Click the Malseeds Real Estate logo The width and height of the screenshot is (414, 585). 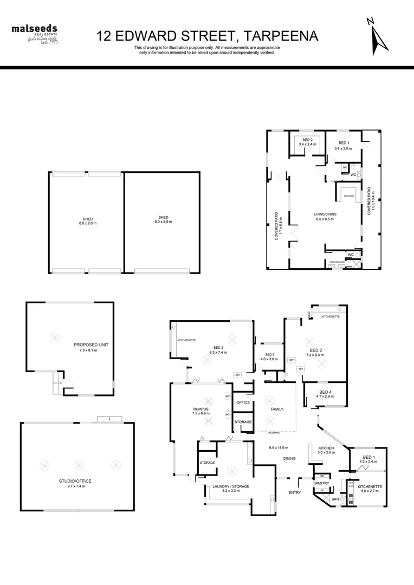pos(35,34)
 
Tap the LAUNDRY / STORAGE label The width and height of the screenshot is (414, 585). pos(231,486)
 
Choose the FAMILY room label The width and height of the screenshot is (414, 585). pos(277,409)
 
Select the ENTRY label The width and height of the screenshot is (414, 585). pos(295,492)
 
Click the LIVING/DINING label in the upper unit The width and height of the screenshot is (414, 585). pos(325,214)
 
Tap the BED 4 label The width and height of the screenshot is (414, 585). pos(325,392)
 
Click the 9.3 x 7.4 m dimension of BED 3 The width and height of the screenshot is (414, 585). pos(218,352)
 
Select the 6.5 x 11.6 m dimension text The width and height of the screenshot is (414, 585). pos(279,447)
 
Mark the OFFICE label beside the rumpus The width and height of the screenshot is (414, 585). pos(243,402)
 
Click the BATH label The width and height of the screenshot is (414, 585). pos(336,499)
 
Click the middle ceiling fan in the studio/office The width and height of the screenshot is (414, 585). pos(79,465)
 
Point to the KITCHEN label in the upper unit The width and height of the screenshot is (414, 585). pos(348,196)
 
